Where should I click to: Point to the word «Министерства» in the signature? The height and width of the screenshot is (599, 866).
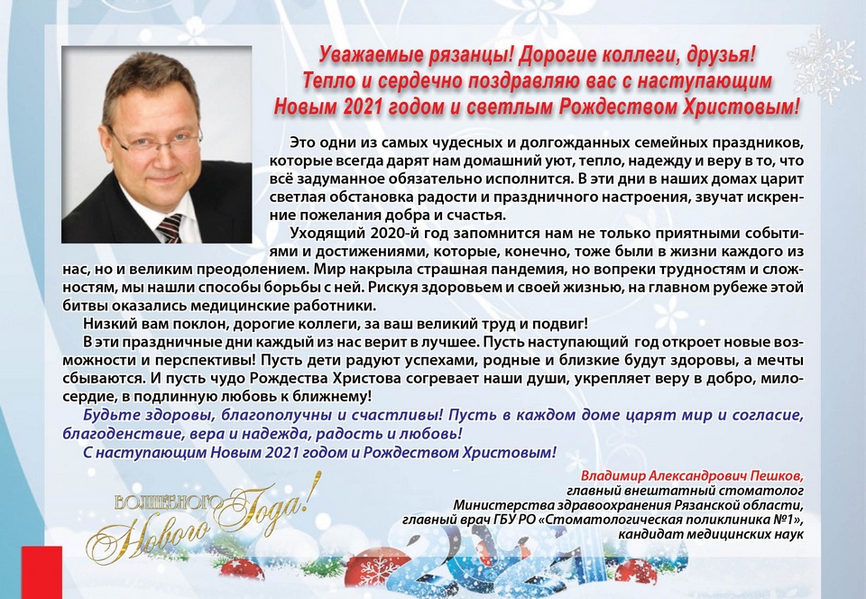pos(498,504)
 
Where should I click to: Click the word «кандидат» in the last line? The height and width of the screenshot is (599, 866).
pos(652,533)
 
